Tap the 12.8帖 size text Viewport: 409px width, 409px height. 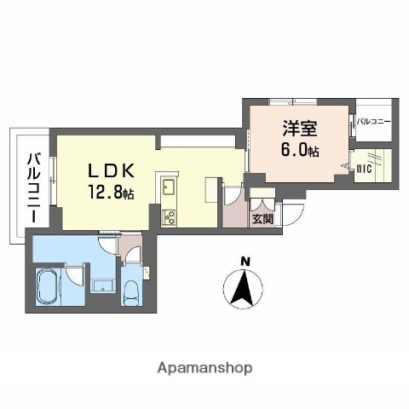[x=110, y=193]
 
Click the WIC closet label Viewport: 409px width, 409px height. [x=363, y=168]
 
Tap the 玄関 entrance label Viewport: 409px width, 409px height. [x=262, y=218]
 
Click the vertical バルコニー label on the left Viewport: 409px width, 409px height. [x=32, y=187]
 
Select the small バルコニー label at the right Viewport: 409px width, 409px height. [x=372, y=122]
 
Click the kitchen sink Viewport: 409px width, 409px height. [x=167, y=187]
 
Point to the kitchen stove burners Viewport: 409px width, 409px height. [x=167, y=215]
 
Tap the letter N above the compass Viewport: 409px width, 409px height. [x=245, y=261]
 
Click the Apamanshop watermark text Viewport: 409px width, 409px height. [x=204, y=368]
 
